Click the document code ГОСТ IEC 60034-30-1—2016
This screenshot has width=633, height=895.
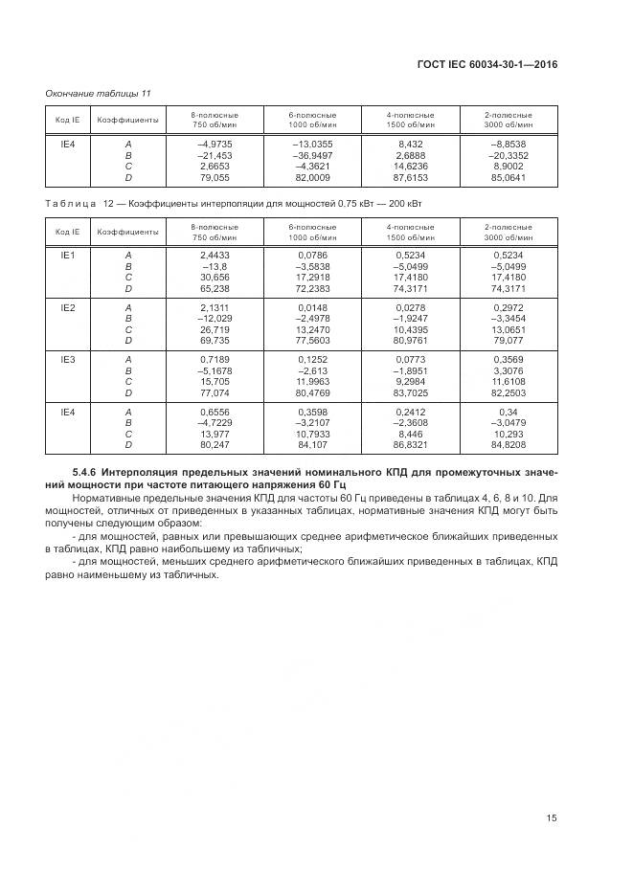tap(487, 64)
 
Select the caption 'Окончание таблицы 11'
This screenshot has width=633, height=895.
tap(99, 92)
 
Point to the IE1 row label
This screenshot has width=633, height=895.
tap(68, 256)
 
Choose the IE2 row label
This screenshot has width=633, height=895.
tap(68, 306)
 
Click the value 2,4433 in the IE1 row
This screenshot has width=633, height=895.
tap(215, 256)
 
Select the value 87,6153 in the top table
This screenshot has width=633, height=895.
tap(411, 177)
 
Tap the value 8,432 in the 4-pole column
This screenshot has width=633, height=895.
tap(411, 143)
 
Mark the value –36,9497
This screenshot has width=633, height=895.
tap(312, 154)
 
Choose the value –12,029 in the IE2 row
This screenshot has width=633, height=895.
tap(215, 318)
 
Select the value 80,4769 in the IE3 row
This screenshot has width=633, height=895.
tap(312, 392)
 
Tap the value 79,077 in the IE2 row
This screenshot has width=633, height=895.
tap(509, 341)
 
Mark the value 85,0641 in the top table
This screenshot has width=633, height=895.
tap(509, 177)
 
